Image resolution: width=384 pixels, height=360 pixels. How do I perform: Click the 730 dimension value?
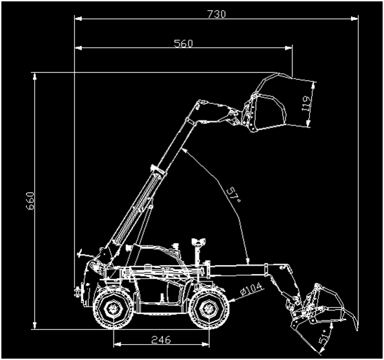pyautogui.click(x=217, y=14)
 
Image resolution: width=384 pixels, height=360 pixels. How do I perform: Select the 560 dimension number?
pyautogui.click(x=184, y=43)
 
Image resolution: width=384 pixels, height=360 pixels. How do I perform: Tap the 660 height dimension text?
pyautogui.click(x=30, y=201)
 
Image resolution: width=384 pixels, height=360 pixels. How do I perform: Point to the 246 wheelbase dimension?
pyautogui.click(x=161, y=339)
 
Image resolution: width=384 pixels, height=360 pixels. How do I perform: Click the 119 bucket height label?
pyautogui.click(x=306, y=103)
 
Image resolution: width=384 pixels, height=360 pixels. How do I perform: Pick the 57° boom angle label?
pyautogui.click(x=233, y=195)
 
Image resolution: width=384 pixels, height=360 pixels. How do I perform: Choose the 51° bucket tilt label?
pyautogui.click(x=323, y=338)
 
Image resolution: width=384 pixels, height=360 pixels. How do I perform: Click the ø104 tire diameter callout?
pyautogui.click(x=251, y=290)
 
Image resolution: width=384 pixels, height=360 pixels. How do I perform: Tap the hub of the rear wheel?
pyautogui.click(x=113, y=308)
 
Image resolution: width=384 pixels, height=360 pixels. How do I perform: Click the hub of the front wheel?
pyautogui.click(x=209, y=308)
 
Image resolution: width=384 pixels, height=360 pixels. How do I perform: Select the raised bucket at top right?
pyautogui.click(x=272, y=103)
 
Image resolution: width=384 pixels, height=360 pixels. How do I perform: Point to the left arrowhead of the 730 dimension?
pyautogui.click(x=78, y=19)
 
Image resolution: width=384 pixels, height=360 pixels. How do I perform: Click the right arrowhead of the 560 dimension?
pyautogui.click(x=288, y=48)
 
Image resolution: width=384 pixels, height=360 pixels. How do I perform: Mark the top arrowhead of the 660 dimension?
pyautogui.click(x=34, y=76)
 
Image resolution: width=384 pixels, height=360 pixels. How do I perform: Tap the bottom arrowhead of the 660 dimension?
pyautogui.click(x=34, y=326)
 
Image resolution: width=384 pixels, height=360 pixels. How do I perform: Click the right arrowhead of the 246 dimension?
pyautogui.click(x=206, y=344)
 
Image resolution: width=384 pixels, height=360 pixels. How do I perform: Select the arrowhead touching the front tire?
pyautogui.click(x=232, y=299)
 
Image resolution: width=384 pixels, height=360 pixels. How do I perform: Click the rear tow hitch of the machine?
pyautogui.click(x=78, y=291)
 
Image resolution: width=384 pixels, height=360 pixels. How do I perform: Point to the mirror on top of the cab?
pyautogui.click(x=199, y=242)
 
